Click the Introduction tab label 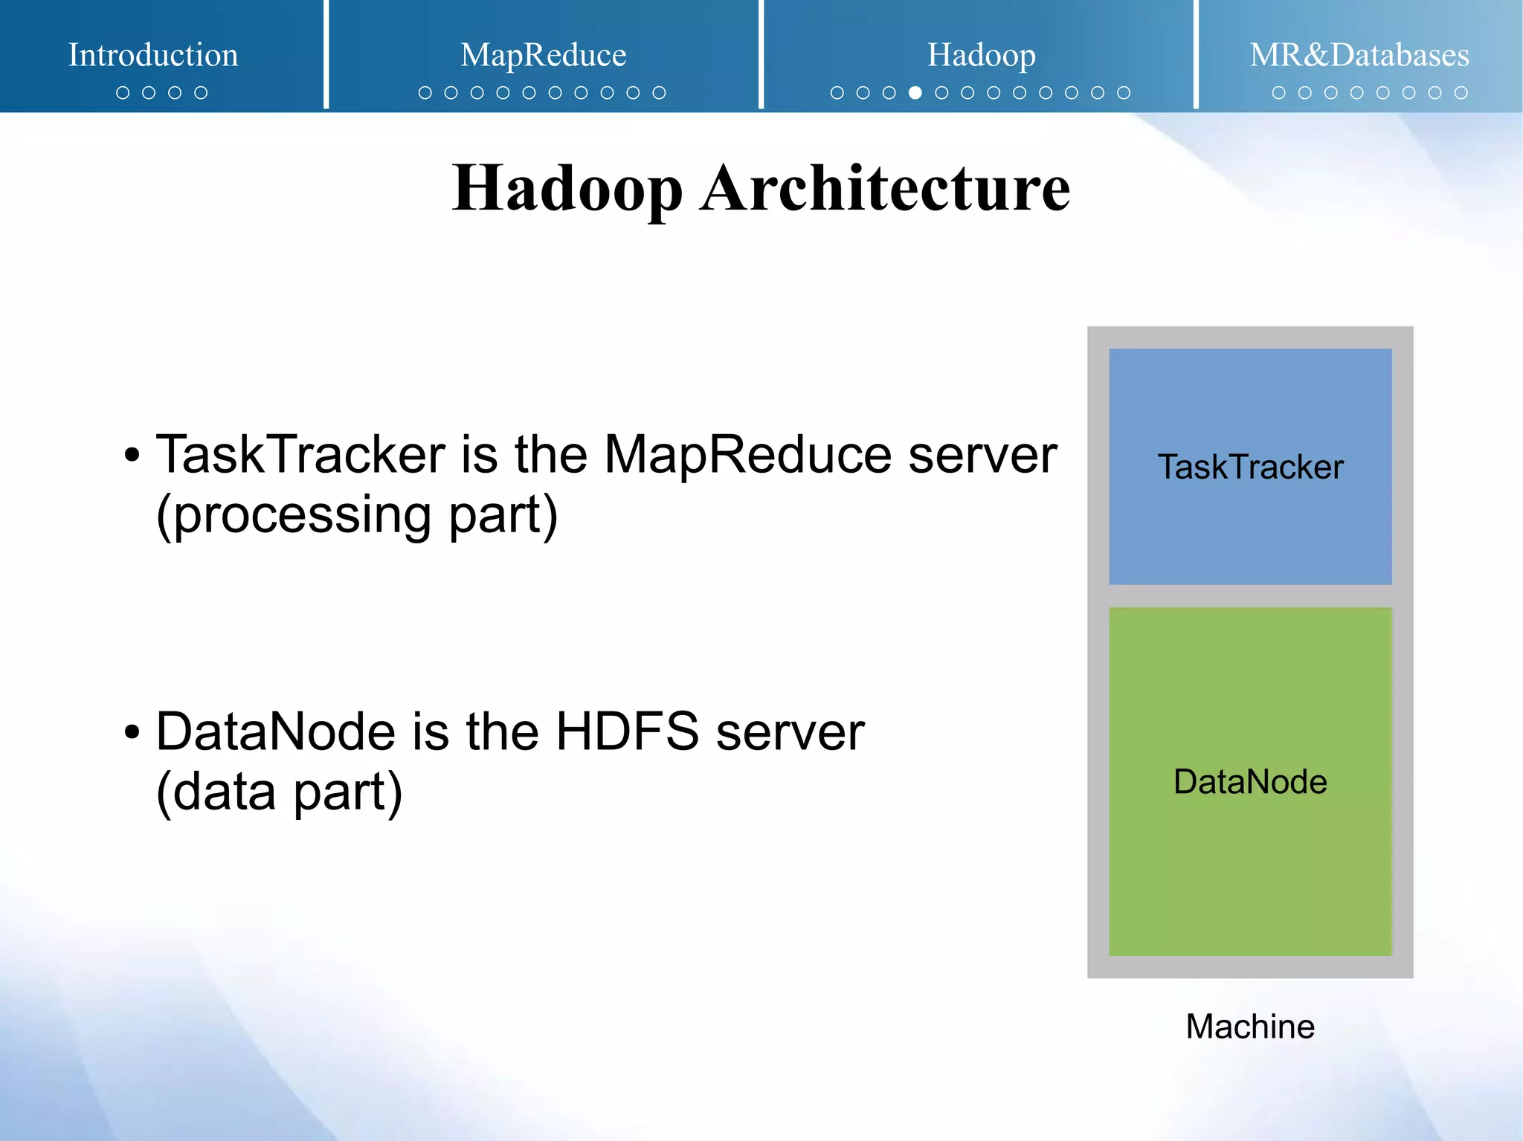pyautogui.click(x=153, y=55)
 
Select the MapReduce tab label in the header pyautogui.click(x=543, y=55)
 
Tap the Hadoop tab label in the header pyautogui.click(x=981, y=55)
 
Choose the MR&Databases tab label pyautogui.click(x=1359, y=55)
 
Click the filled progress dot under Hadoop pyautogui.click(x=915, y=93)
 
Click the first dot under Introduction pyautogui.click(x=123, y=93)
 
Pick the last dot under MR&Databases pyautogui.click(x=1461, y=93)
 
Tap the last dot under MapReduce pyautogui.click(x=659, y=93)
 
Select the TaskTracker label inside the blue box pyautogui.click(x=1250, y=468)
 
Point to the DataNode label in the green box pyautogui.click(x=1250, y=782)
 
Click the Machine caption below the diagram pyautogui.click(x=1250, y=1027)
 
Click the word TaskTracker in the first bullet pyautogui.click(x=300, y=454)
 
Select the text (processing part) pyautogui.click(x=357, y=515)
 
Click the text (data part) pyautogui.click(x=280, y=792)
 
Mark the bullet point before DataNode pyautogui.click(x=132, y=733)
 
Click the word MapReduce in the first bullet pyautogui.click(x=747, y=454)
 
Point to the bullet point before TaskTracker pyautogui.click(x=132, y=456)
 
